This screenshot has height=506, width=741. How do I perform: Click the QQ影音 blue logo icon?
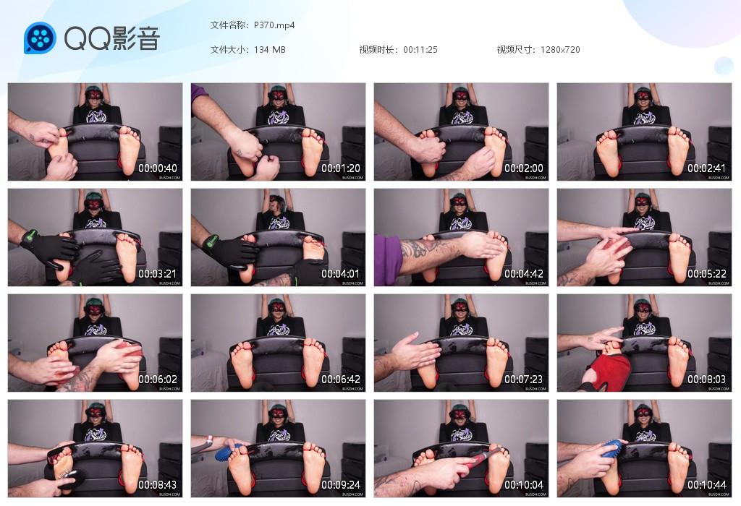40,38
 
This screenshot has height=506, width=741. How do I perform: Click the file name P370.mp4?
274,25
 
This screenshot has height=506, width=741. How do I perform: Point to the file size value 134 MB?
269,50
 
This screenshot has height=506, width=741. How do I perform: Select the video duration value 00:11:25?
420,50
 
